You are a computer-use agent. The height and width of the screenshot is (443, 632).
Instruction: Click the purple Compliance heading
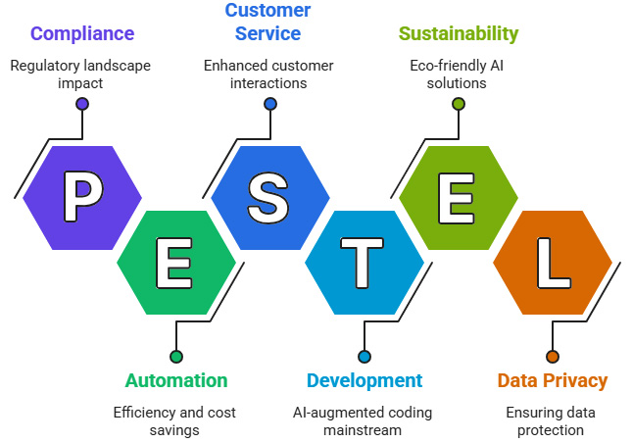tap(82, 34)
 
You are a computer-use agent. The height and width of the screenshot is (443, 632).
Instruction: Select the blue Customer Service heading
tap(267, 22)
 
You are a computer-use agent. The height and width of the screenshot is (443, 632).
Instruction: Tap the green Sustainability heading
tap(458, 34)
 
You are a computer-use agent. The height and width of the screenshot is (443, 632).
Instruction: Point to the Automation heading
tap(176, 380)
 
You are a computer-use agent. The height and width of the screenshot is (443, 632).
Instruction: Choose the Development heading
tap(365, 380)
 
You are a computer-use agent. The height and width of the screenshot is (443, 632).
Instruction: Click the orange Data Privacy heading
tap(553, 380)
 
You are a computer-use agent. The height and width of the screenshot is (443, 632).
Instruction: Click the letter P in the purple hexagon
tap(82, 196)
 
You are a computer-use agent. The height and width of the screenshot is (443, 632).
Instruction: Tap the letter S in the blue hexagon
tap(268, 196)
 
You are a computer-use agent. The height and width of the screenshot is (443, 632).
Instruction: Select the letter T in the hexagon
tap(364, 262)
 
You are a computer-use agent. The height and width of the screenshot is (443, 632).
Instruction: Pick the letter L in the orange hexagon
tap(553, 262)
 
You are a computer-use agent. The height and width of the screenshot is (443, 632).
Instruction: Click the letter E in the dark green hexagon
tap(176, 262)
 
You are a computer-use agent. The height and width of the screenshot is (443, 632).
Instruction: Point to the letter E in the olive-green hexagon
tap(458, 196)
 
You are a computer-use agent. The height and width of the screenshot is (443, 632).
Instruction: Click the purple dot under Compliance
tap(82, 103)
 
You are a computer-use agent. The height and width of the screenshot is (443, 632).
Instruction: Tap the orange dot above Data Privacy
tap(553, 356)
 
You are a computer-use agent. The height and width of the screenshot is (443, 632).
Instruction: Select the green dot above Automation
tap(176, 356)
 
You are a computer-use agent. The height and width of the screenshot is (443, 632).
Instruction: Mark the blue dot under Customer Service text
tap(268, 103)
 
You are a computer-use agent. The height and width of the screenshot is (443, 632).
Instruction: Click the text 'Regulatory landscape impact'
tap(82, 74)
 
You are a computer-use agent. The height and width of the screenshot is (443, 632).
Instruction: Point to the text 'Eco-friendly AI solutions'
tap(458, 74)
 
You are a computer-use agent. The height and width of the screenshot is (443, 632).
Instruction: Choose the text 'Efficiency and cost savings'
tap(176, 420)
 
